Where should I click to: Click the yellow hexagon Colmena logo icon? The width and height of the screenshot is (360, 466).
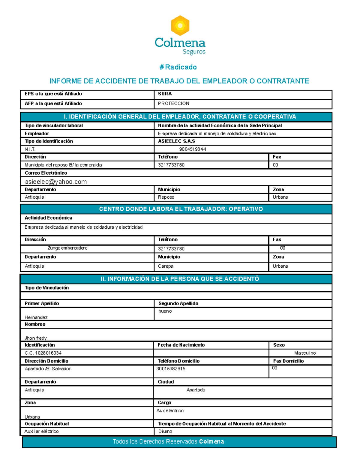[x=180, y=26]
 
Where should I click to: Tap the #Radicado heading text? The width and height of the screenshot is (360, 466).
[x=178, y=67]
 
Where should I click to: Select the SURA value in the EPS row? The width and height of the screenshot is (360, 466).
[x=165, y=94]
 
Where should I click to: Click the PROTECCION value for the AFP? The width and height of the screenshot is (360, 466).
[x=174, y=104]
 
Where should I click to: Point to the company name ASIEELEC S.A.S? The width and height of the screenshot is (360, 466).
[x=176, y=141]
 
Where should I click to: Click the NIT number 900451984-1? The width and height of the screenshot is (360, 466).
[x=193, y=149]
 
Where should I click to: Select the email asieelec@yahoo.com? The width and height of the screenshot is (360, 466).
[x=56, y=182]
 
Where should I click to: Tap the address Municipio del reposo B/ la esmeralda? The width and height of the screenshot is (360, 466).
[x=63, y=165]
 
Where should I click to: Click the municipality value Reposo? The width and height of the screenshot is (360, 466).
[x=166, y=197]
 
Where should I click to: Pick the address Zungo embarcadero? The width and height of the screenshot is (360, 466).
[x=67, y=248]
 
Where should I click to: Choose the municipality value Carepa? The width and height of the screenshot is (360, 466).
[x=166, y=266]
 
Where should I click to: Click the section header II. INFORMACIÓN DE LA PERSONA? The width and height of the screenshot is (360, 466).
[x=180, y=279]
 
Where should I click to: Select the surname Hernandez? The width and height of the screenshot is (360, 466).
[x=36, y=317]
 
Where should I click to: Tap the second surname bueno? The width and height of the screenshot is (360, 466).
[x=165, y=311]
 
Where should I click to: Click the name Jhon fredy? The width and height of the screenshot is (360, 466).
[x=36, y=338]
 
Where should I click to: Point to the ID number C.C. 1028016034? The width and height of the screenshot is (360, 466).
[x=43, y=353]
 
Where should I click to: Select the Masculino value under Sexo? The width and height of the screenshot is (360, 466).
[x=305, y=353]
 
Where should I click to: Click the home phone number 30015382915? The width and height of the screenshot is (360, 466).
[x=171, y=369]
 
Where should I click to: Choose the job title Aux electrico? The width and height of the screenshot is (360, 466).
[x=170, y=411]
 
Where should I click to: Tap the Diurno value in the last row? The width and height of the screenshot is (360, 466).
[x=165, y=431]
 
